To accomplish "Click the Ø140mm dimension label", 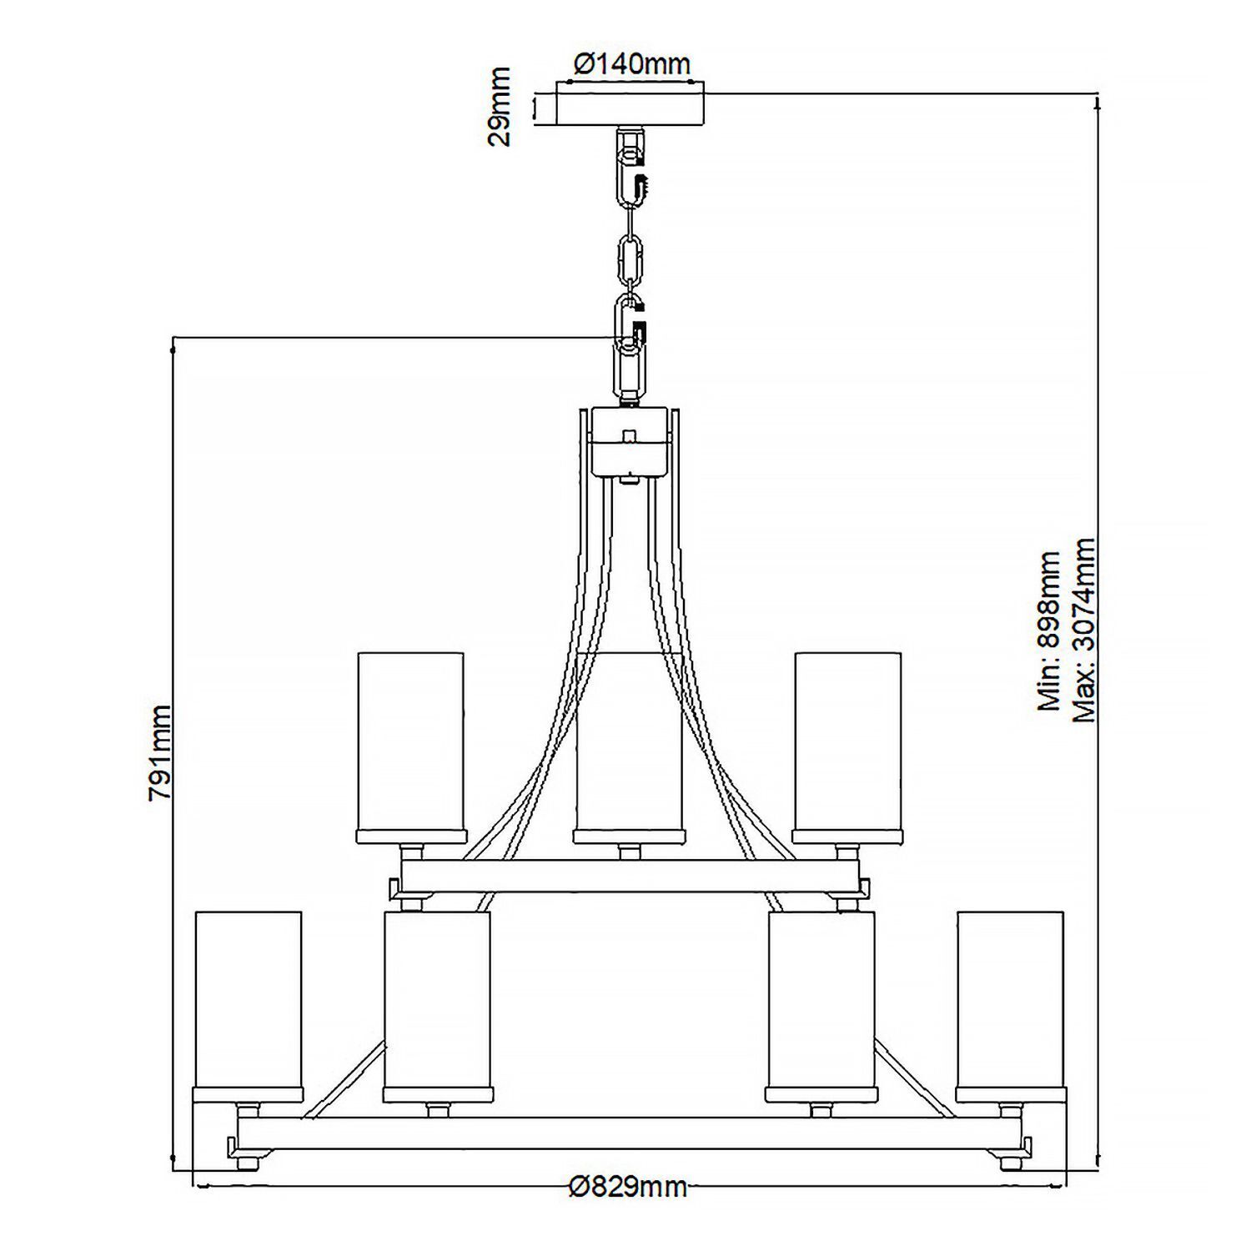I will pos(631,63).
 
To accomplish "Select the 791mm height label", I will pos(160,752).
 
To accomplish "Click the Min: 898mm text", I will pos(1048,631).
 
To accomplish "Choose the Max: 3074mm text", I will pos(1083,630).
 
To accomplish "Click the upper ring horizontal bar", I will pos(630,877).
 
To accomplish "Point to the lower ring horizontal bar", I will pos(630,1133).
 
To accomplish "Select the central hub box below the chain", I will pos(630,440).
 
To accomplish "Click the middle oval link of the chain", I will pos(630,259).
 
